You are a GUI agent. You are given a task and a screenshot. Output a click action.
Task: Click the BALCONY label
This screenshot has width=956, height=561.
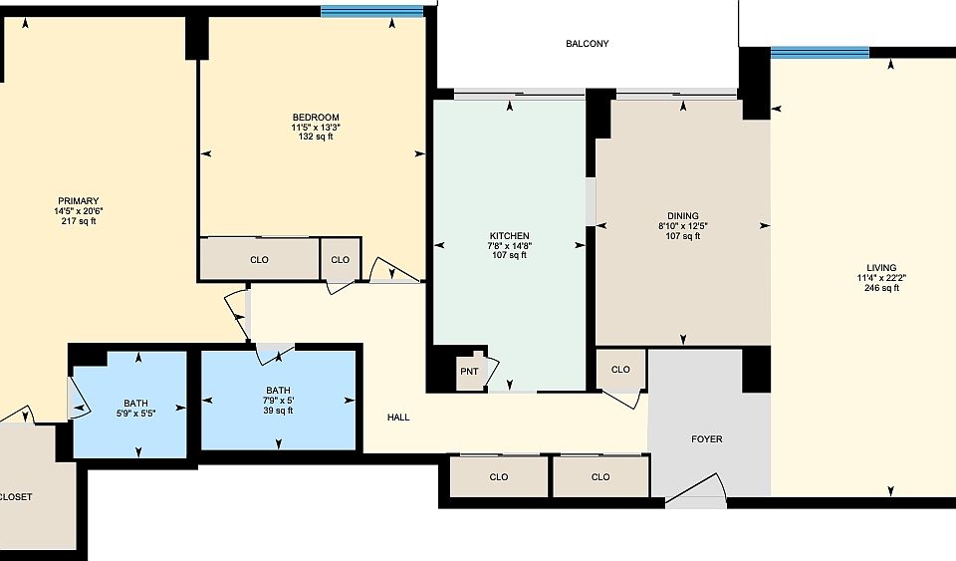point(587,44)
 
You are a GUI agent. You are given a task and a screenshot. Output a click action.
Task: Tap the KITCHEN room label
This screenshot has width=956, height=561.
point(508,235)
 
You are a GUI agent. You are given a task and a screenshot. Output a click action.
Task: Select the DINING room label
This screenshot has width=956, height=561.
point(682,216)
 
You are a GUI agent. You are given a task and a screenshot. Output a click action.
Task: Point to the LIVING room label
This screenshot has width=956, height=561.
point(880,267)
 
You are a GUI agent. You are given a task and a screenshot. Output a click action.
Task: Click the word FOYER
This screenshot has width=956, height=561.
point(706,439)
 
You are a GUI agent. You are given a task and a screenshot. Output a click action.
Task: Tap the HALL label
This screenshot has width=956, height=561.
point(398,418)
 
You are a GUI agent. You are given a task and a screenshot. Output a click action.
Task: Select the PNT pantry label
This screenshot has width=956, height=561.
point(469,372)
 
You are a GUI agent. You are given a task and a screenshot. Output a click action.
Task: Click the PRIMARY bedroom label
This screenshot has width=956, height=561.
point(78,201)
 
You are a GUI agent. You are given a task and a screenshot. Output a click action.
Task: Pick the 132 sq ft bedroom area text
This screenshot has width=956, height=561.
point(316,137)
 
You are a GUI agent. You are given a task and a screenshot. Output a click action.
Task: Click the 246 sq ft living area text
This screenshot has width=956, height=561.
point(880,288)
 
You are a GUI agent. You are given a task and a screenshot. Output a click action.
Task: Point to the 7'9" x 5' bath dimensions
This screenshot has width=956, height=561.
point(278,401)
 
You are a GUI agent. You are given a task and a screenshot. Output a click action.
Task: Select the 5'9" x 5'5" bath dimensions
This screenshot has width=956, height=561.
point(135,414)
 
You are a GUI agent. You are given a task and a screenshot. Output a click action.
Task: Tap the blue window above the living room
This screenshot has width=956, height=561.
point(820,52)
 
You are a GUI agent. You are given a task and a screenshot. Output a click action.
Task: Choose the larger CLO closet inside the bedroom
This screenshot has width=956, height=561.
point(259,260)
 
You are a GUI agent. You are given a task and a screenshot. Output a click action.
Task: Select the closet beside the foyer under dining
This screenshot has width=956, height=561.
point(620,370)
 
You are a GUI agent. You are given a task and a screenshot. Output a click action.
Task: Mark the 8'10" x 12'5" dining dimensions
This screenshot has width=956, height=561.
point(682,226)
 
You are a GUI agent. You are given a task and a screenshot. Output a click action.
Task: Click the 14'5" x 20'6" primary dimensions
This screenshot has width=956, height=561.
point(78,211)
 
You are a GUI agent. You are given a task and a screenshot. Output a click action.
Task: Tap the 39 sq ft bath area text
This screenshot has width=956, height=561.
point(278,411)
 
